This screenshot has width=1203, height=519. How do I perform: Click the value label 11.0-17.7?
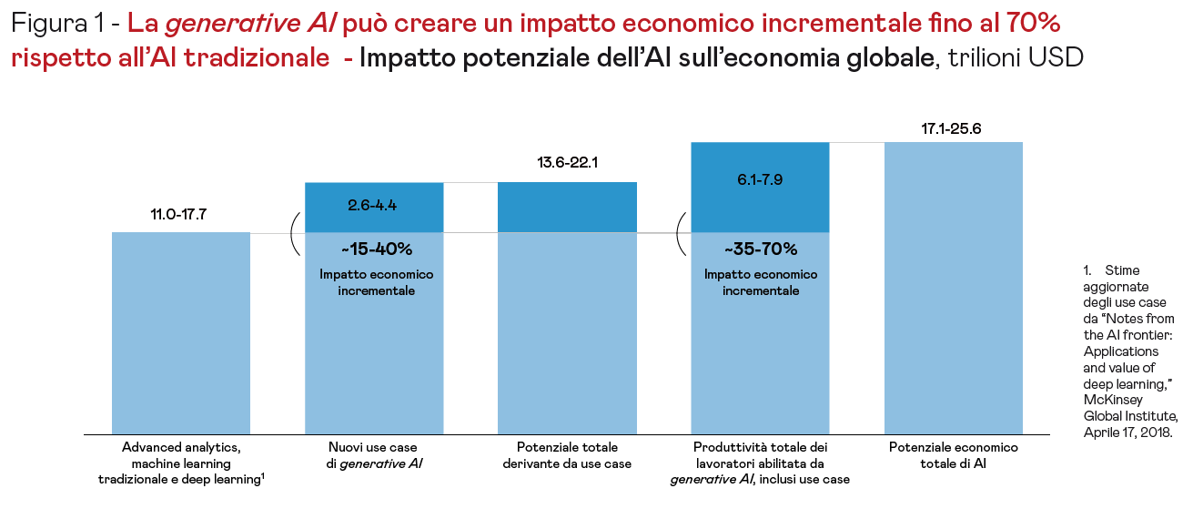click(x=180, y=216)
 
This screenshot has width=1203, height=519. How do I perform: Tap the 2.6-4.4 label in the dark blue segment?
click(x=372, y=205)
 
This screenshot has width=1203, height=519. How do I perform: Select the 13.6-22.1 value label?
click(x=567, y=164)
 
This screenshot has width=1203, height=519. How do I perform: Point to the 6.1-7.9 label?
click(x=761, y=179)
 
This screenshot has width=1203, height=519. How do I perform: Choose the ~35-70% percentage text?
click(x=761, y=249)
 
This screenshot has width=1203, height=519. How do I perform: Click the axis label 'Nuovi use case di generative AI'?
click(x=372, y=455)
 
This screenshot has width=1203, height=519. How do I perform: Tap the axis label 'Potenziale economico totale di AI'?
click(x=954, y=455)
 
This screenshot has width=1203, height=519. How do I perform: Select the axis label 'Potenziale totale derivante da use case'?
click(x=567, y=455)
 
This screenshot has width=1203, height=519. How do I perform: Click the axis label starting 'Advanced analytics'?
click(x=180, y=463)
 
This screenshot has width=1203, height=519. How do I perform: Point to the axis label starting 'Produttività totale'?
click(x=761, y=463)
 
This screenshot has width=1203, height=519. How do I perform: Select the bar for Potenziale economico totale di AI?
click(x=954, y=291)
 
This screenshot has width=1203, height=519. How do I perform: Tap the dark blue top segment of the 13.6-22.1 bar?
click(x=567, y=207)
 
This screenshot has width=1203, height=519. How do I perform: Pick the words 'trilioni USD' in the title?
click(x=1016, y=57)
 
